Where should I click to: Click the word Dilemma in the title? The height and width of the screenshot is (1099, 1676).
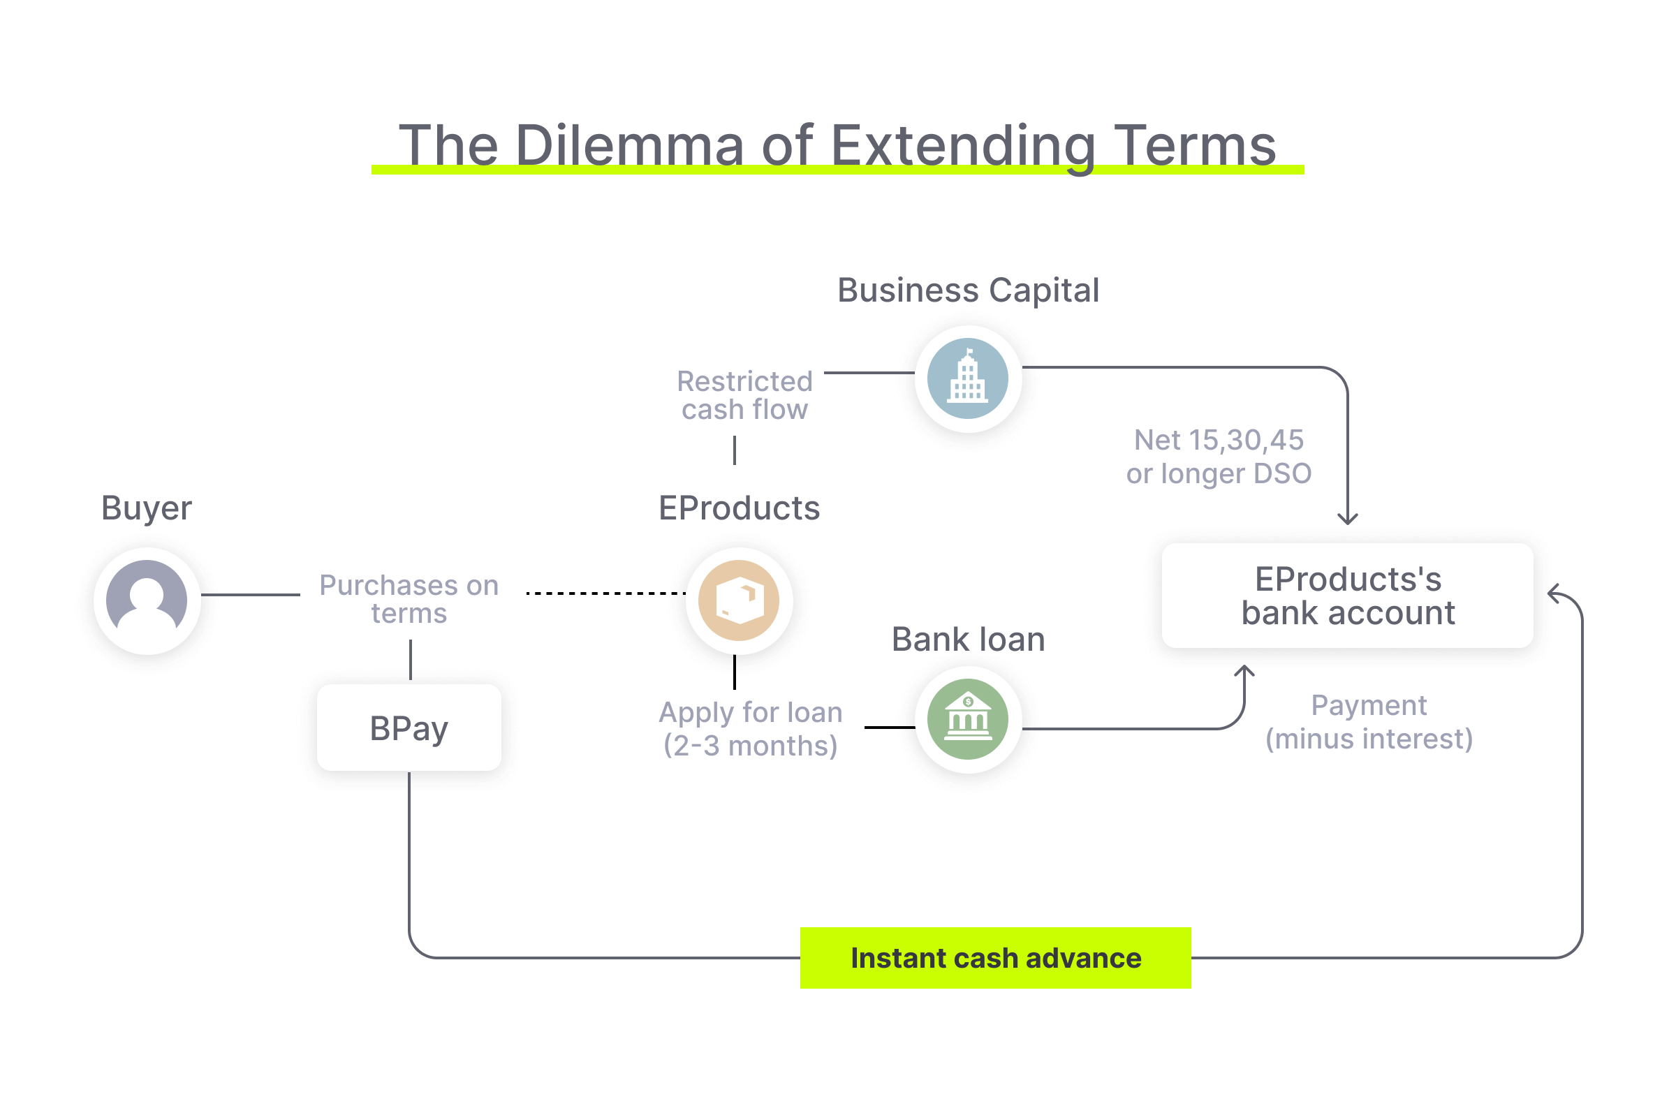point(629,146)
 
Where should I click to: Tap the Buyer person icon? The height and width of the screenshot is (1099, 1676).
point(147,600)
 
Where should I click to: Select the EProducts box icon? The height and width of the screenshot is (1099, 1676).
point(739,600)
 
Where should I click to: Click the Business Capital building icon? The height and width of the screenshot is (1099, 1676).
point(968,378)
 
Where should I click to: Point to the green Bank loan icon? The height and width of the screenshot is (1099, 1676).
point(968,719)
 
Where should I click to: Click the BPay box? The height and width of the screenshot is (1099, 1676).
point(409,728)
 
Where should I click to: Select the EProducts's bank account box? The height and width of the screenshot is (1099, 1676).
point(1346,596)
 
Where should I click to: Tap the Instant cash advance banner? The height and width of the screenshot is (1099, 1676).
point(995,958)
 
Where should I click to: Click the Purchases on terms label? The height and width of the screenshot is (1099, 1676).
point(409,599)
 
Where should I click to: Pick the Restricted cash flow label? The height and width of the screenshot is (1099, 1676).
point(744,395)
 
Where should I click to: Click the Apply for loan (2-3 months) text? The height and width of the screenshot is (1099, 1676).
point(751,729)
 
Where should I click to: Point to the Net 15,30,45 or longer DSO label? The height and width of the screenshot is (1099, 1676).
point(1219,457)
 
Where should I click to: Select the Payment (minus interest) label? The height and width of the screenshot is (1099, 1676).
point(1368,722)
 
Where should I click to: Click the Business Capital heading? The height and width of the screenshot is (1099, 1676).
point(968,290)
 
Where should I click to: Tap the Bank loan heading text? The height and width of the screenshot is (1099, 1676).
point(968,640)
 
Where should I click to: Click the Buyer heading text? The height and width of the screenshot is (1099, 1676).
point(147,508)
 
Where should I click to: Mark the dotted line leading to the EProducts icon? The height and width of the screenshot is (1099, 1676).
point(605,593)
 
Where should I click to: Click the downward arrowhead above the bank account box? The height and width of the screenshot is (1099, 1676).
point(1347,519)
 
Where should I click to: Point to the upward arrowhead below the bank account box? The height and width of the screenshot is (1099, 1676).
point(1244,670)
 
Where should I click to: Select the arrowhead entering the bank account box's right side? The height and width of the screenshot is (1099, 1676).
point(1554,593)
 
